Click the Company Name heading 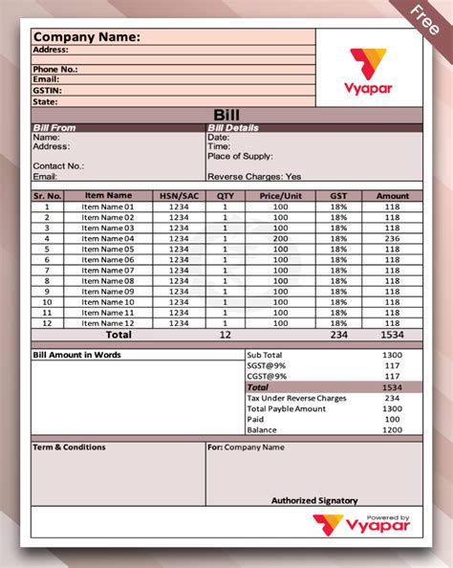(87, 37)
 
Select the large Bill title (226, 115)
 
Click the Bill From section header (54, 127)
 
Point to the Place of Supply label (240, 156)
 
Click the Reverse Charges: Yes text (254, 176)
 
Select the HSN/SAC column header (179, 196)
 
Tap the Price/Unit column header (280, 196)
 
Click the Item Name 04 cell (108, 238)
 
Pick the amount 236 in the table (392, 238)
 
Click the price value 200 (280, 238)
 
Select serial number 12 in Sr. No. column (47, 323)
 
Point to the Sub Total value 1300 (391, 355)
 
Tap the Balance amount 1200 (391, 430)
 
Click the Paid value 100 (391, 419)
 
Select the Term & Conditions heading (69, 447)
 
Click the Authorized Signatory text (314, 500)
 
